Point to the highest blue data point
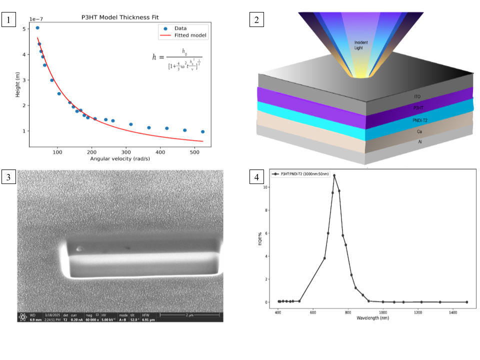click(37, 28)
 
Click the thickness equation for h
click(177, 57)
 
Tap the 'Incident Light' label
click(361, 44)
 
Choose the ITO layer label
click(417, 96)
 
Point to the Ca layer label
click(419, 131)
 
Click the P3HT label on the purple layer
click(418, 107)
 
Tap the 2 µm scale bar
click(189, 314)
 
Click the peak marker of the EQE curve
click(334, 175)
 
